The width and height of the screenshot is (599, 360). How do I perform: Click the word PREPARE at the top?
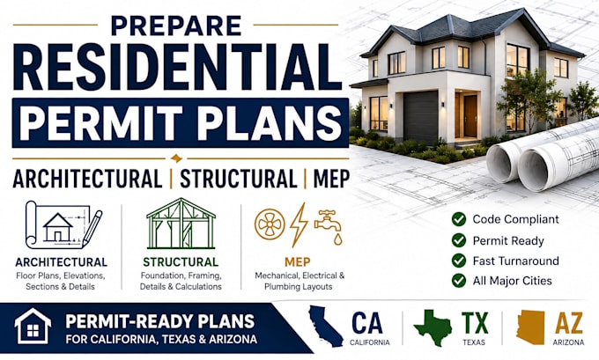pos(175,26)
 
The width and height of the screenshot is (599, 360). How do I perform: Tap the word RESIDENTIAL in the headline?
pos(177,68)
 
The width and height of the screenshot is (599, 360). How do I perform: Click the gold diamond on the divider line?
pos(176,158)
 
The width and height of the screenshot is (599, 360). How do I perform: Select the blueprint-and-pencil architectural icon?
pos(63,225)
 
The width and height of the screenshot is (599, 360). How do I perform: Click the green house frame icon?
pos(181,224)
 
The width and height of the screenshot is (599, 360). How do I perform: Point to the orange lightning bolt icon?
pos(299,224)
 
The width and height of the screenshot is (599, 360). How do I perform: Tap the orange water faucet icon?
pos(329,227)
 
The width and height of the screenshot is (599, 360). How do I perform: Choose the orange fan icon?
pos(270,224)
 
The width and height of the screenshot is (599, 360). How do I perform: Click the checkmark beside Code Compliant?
pos(459,219)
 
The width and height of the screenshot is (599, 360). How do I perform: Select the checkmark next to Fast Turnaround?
pos(459,261)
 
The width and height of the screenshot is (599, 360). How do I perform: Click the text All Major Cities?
pos(513,281)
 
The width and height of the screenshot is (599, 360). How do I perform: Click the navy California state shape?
pos(325,326)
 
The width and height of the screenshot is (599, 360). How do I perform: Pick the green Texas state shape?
pos(433,327)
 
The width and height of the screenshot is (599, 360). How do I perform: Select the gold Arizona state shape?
pos(530,327)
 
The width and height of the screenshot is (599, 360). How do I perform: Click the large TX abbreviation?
pos(475,323)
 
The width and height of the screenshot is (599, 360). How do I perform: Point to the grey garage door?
pos(421,117)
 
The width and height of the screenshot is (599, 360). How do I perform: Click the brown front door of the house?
pos(470,116)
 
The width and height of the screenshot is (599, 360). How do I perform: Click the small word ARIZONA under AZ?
pos(568,342)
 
